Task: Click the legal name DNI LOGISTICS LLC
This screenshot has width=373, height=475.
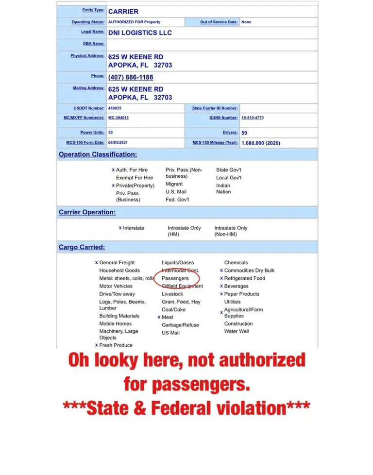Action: point(140,33)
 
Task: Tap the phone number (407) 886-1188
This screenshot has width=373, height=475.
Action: point(131,77)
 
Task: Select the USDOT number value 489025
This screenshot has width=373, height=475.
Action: point(115,108)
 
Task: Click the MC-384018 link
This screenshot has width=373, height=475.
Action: point(119,118)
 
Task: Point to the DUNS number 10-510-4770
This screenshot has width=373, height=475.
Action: point(253,118)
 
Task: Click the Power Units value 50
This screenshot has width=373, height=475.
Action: point(111,133)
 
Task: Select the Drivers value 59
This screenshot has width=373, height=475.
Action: point(244,133)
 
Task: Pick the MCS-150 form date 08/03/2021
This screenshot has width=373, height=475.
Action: point(120,143)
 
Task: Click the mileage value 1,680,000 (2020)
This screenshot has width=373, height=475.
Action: point(261,143)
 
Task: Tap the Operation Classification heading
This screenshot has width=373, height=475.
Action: point(98,154)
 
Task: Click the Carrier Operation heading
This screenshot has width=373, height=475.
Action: point(87,212)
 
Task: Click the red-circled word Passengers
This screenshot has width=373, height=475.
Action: point(175,278)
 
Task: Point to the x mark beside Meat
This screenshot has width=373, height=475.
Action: point(159,317)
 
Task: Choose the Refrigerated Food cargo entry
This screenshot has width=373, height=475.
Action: point(244,278)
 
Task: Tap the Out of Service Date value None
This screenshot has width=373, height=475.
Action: point(246,22)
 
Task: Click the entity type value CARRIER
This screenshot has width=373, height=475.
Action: point(123,11)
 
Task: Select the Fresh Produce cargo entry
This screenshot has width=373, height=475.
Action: point(116,345)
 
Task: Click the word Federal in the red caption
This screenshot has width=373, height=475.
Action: point(181,408)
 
